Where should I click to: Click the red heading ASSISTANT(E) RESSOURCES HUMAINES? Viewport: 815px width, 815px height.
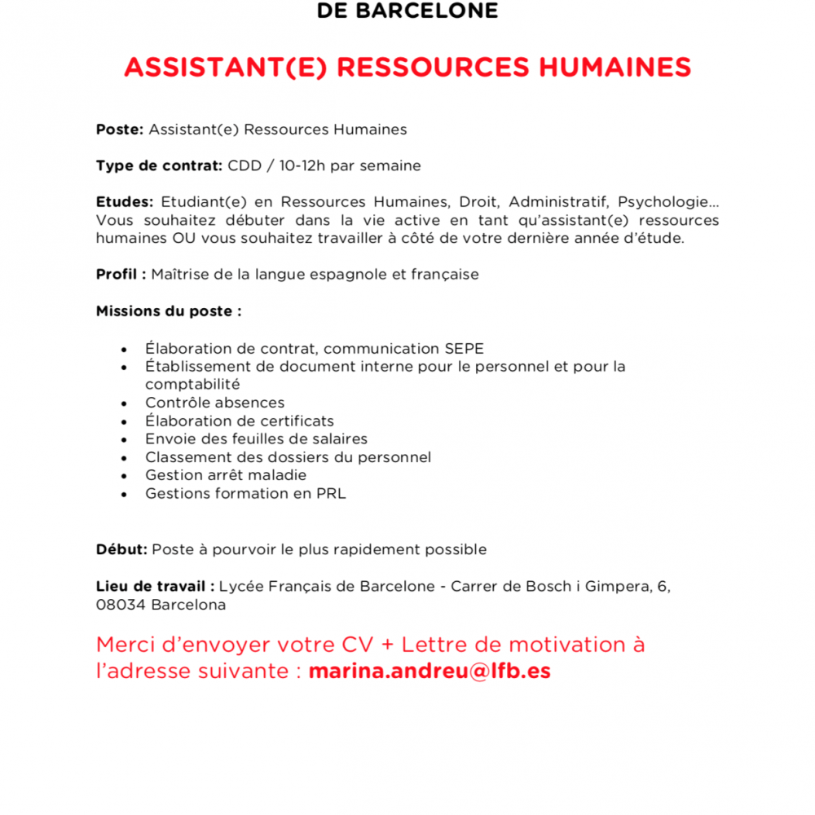coord(407,67)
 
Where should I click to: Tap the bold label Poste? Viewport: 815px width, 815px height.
coord(120,130)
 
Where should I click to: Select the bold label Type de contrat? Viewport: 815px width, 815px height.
coord(159,166)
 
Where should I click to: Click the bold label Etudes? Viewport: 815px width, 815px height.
coord(124,202)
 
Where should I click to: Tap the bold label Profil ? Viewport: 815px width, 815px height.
coord(121,275)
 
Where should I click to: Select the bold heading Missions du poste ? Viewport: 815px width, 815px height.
coord(169,311)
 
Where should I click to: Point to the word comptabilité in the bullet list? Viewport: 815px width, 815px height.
coord(192,384)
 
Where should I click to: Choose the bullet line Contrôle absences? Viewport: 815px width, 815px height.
coord(214,403)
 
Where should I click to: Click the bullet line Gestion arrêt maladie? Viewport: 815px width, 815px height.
coord(226,475)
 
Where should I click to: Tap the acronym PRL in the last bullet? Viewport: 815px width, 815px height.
coord(331,494)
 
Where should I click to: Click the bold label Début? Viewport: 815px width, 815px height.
coord(121,549)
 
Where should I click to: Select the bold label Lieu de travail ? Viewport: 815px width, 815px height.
coord(155,586)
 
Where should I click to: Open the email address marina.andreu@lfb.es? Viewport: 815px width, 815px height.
coord(430,672)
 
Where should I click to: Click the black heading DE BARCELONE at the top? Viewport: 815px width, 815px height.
coord(407,11)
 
